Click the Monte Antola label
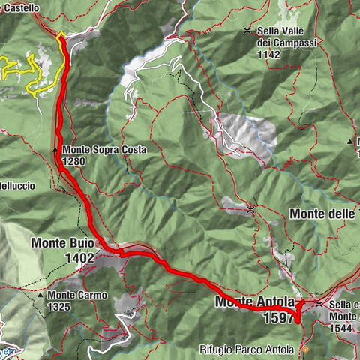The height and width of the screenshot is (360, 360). coord(254,302)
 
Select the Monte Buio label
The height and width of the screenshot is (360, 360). coord(62,243)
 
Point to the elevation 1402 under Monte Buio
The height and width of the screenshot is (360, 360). coord(79,258)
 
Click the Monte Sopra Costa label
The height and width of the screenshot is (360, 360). coord(104,150)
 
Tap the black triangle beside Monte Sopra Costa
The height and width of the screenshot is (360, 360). coord(55,150)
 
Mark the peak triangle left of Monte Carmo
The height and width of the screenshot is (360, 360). coord(41,295)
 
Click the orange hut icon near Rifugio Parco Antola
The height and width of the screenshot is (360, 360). coord(304,349)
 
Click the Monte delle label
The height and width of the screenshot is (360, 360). coord(322,214)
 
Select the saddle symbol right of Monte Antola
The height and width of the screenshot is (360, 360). coord(319,303)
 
